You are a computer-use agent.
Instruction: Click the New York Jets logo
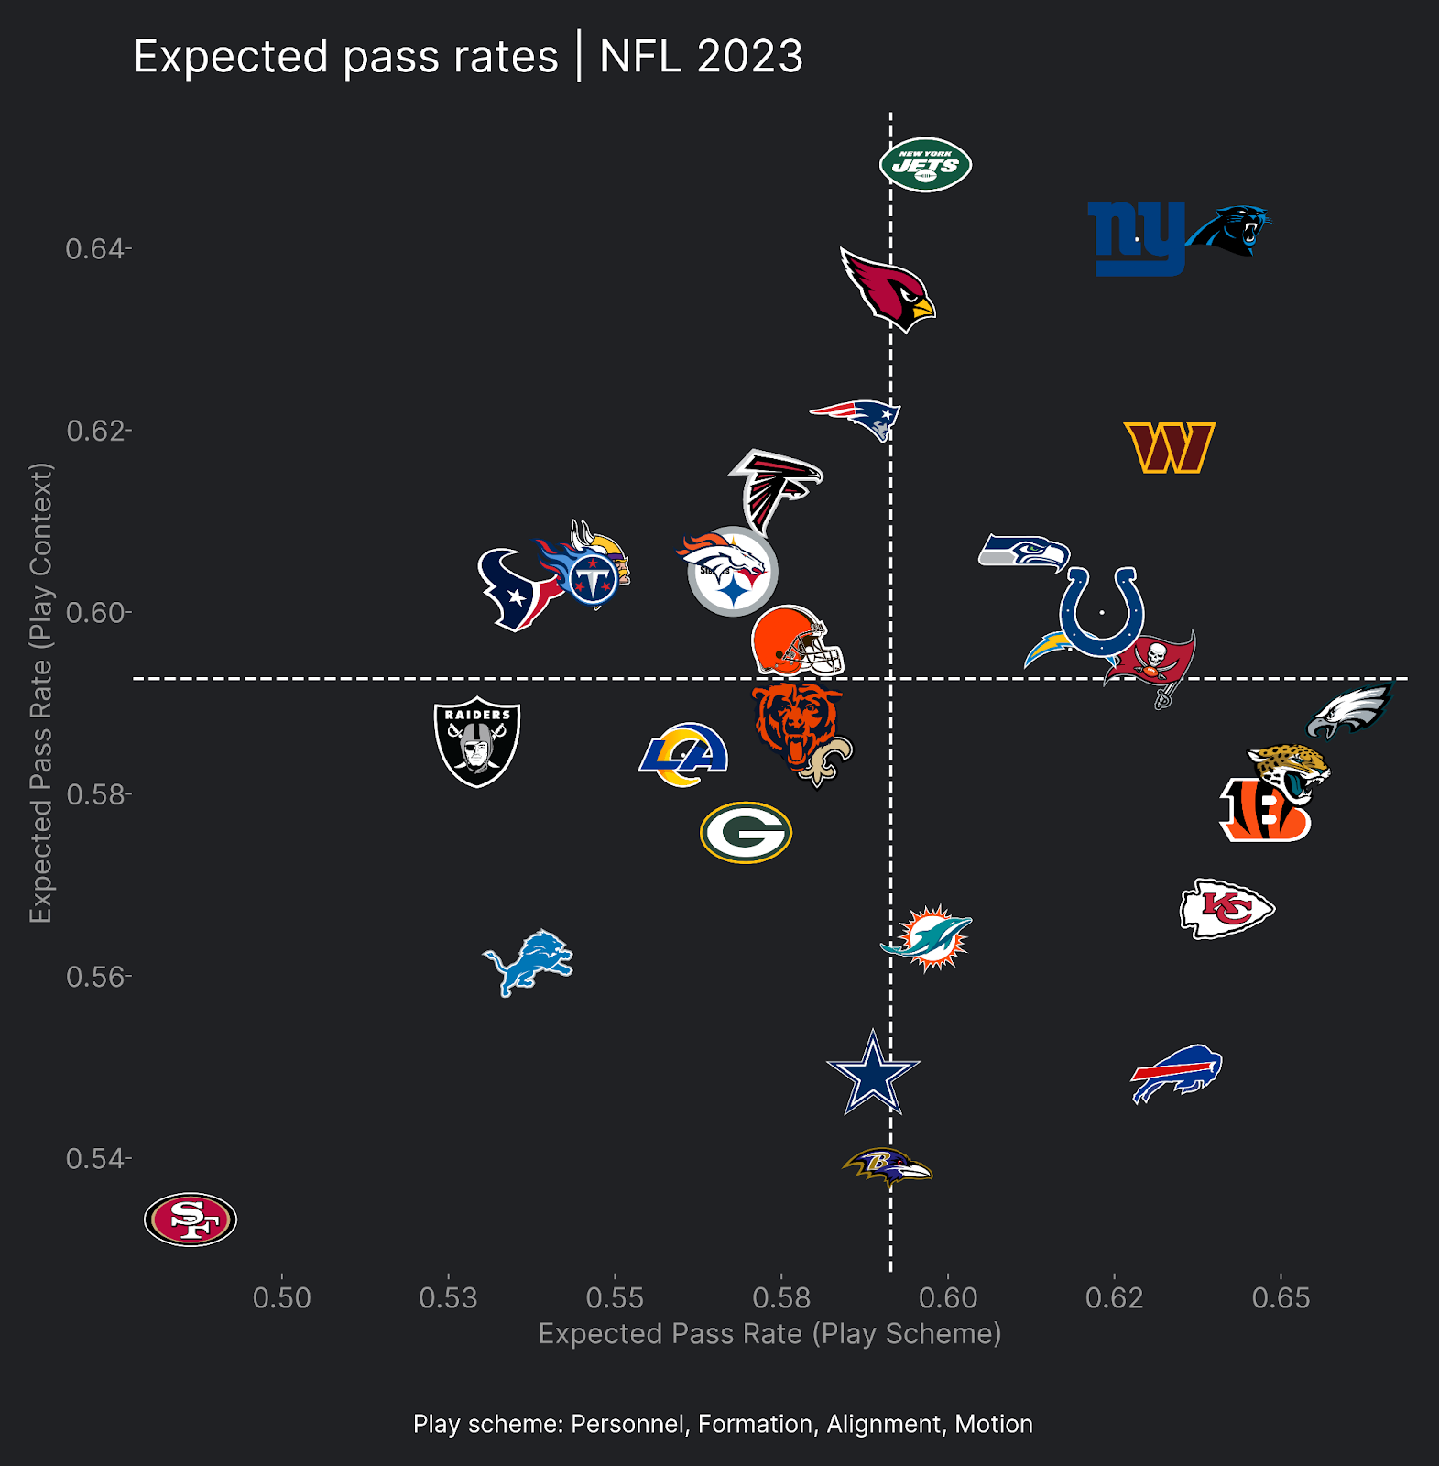tap(925, 165)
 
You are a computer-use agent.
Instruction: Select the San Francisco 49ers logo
tap(191, 1220)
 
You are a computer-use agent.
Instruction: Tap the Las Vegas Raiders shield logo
tap(477, 741)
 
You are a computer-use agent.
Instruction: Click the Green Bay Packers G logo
tap(746, 832)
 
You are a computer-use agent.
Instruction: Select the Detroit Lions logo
tap(528, 962)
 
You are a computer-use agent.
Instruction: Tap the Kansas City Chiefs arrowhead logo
tap(1226, 908)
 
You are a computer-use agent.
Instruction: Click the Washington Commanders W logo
tap(1169, 447)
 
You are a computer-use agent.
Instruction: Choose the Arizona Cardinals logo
tap(887, 290)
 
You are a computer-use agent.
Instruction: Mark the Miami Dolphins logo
tap(929, 938)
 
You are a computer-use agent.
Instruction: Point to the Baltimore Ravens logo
tap(887, 1167)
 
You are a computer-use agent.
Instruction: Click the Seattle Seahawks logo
tap(1024, 552)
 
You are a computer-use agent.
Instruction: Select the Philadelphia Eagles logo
tap(1349, 711)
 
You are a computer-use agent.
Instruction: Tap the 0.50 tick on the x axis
tap(282, 1297)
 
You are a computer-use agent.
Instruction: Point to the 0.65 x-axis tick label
tap(1281, 1297)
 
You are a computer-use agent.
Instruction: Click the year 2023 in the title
tap(749, 57)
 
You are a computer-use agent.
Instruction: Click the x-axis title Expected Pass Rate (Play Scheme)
tap(769, 1333)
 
